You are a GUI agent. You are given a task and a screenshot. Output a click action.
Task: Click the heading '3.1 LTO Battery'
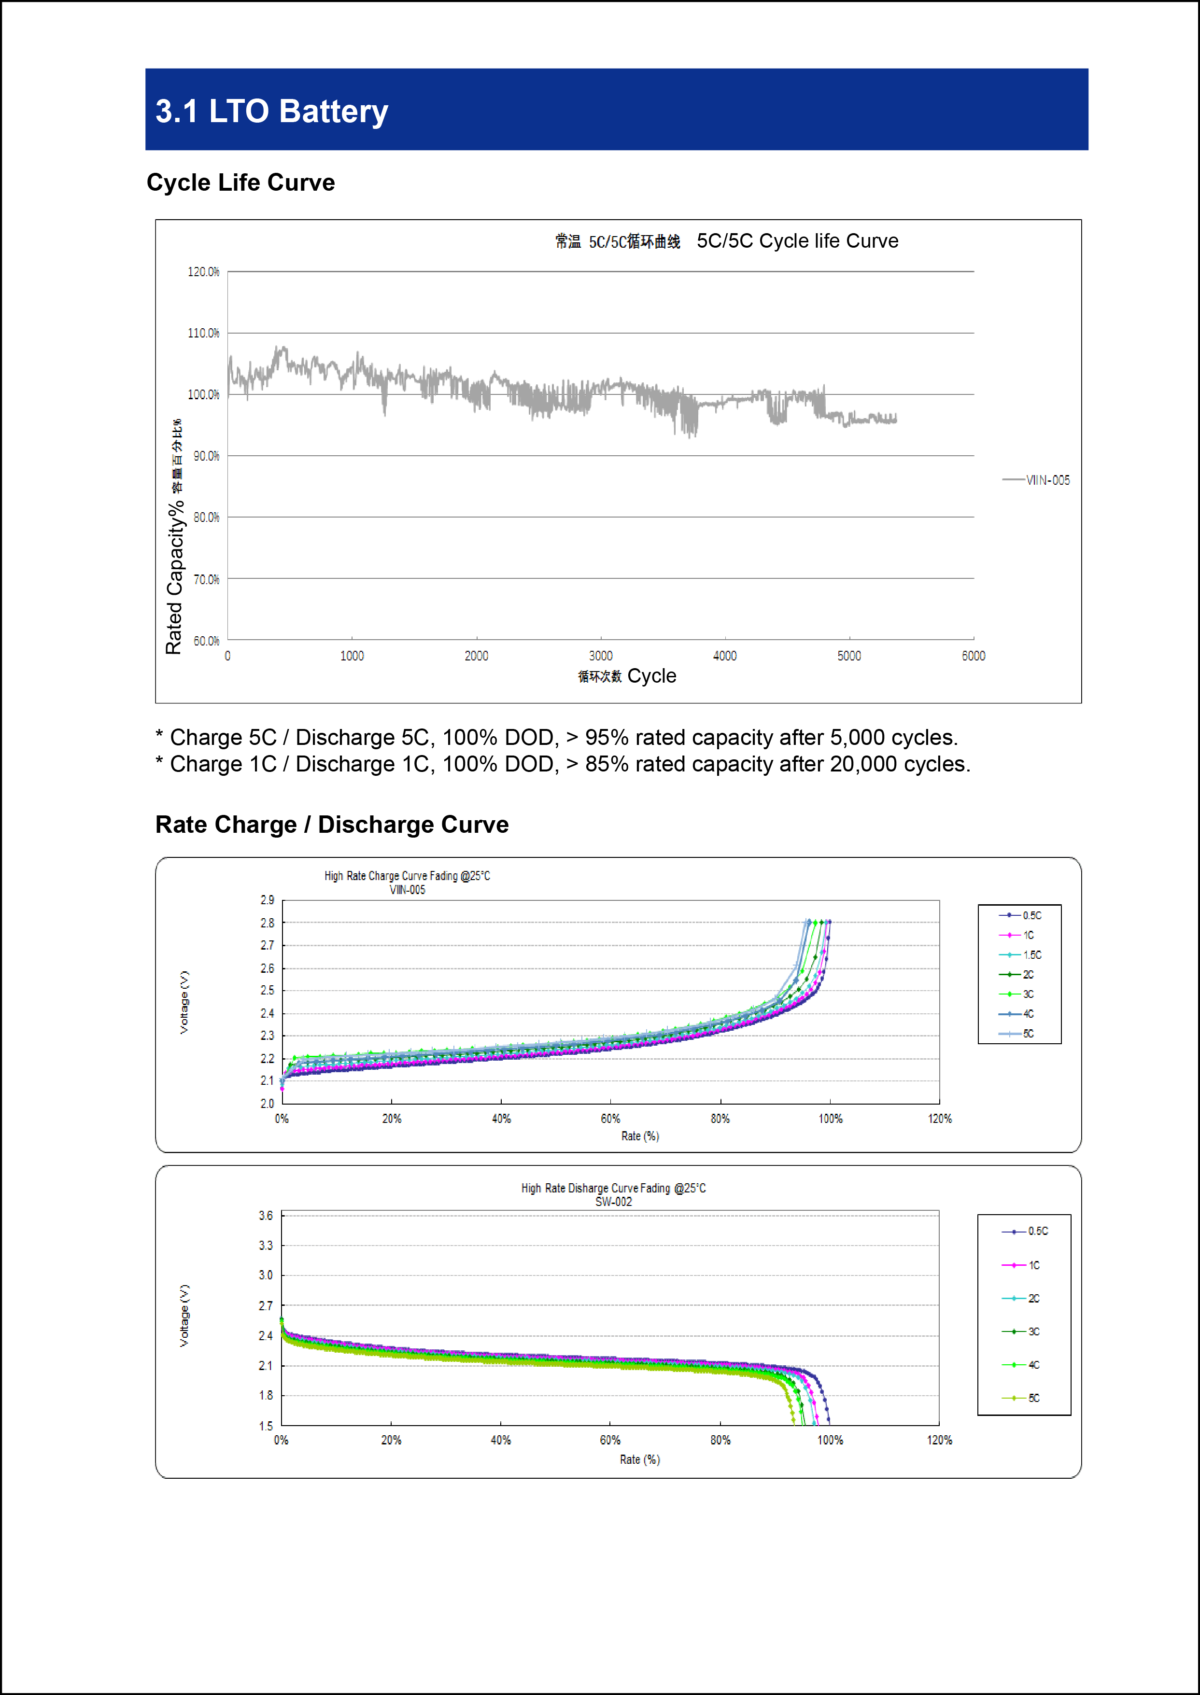[271, 112]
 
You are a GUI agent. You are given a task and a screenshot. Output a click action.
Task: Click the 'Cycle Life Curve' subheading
[241, 182]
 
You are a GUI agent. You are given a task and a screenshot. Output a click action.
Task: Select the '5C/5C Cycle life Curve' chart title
[797, 241]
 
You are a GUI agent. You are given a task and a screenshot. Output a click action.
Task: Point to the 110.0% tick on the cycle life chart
[203, 333]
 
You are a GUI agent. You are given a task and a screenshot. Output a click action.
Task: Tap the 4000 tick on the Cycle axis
[724, 656]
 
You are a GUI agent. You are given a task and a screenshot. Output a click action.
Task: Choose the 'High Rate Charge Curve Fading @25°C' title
[407, 876]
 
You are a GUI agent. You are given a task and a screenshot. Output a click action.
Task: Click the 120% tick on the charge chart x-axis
[940, 1119]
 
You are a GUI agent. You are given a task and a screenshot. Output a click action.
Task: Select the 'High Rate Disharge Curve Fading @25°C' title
[613, 1189]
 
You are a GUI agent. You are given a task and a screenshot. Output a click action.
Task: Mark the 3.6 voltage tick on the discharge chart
[265, 1216]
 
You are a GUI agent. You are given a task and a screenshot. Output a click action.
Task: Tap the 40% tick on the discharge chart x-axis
[500, 1440]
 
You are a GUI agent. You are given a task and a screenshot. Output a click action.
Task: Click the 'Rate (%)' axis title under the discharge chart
[640, 1459]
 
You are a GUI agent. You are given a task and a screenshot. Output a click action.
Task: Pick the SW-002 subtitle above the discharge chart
[613, 1202]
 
